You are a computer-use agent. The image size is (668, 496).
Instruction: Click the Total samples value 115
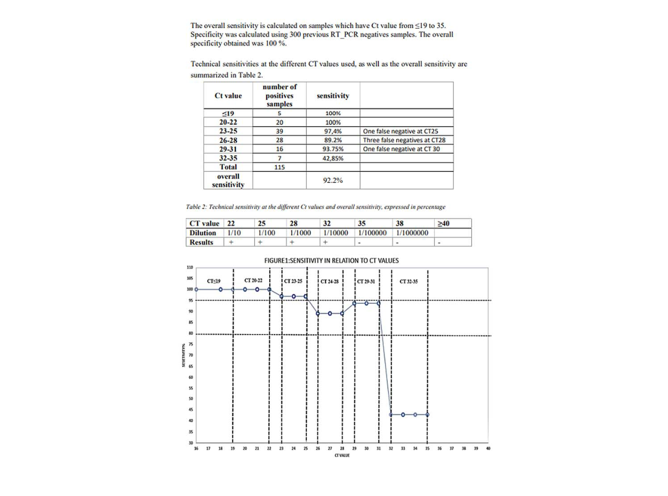pyautogui.click(x=279, y=167)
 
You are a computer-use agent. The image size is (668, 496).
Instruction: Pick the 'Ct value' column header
pyautogui.click(x=228, y=96)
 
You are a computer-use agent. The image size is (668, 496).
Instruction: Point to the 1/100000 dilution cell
pyautogui.click(x=372, y=233)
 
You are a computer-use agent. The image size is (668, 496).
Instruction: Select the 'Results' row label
pyautogui.click(x=202, y=242)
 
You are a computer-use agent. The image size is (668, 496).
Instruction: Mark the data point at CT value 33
pyautogui.click(x=403, y=415)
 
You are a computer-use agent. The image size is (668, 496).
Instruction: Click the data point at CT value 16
pyautogui.click(x=196, y=289)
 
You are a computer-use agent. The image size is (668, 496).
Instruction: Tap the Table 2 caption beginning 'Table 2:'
pyautogui.click(x=319, y=207)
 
